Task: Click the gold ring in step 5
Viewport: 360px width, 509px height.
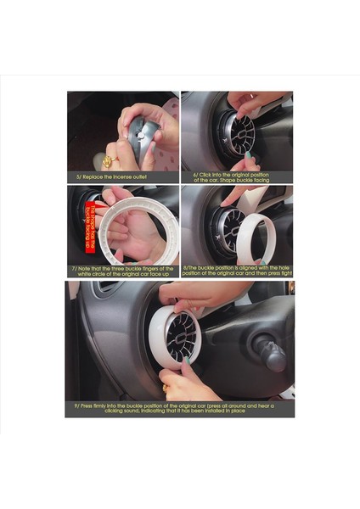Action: pos(109,162)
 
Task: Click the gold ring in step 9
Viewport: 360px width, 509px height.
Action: pos(165,388)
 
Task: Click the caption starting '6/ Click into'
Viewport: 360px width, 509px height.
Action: pos(236,176)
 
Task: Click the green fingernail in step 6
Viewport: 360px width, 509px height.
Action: pos(250,157)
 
